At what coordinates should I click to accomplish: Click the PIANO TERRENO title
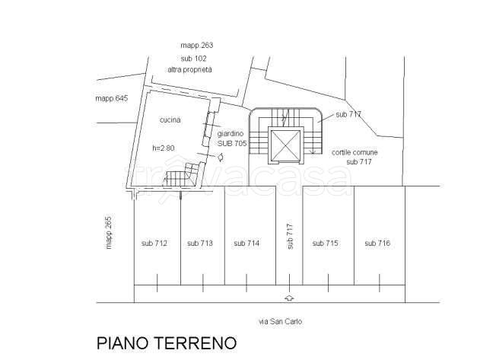point(167,343)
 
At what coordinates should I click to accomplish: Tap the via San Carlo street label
point(280,321)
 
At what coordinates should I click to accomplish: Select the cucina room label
point(170,120)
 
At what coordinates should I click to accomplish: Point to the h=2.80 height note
point(164,148)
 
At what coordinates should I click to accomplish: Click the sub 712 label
point(154,243)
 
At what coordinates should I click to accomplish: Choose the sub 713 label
point(200,243)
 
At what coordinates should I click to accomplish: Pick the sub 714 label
point(246,243)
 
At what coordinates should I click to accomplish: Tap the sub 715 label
point(325,243)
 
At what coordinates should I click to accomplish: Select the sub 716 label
point(377,243)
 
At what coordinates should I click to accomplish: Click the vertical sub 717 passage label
point(290,237)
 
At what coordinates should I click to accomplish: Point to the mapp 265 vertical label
point(109,233)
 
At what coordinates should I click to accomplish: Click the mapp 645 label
point(112,98)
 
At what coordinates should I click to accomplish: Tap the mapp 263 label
point(197,46)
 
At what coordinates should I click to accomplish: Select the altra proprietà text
point(189,70)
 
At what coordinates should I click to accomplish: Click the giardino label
point(231,134)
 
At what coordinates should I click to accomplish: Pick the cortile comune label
point(355,152)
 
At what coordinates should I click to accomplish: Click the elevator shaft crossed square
point(285,145)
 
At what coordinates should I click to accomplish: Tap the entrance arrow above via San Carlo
point(289,298)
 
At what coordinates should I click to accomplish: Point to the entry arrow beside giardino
point(221,157)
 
